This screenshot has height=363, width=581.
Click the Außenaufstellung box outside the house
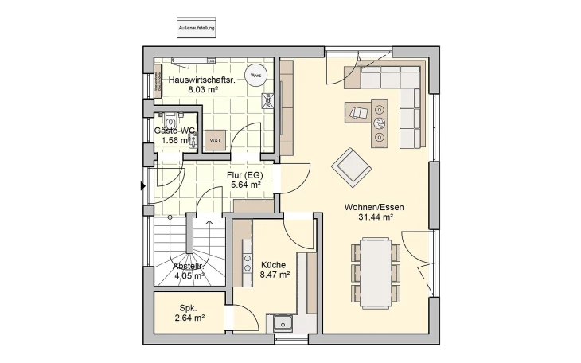pos(196,28)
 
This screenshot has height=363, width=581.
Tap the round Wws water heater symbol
pos(255,76)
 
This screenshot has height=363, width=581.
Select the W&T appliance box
pos(215,140)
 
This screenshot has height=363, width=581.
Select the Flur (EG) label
pos(245,174)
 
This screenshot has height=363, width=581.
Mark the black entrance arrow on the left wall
pos(142,186)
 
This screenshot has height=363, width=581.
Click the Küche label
pos(273,263)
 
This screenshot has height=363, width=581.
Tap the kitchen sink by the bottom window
pos(282,322)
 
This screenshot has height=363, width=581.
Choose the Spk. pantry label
pos(188,307)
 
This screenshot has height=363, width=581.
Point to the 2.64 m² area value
pos(189,318)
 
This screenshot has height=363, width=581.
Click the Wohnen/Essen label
pos(374,207)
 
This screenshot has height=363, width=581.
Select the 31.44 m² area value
pos(374,217)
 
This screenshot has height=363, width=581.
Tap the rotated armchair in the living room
pos(350,165)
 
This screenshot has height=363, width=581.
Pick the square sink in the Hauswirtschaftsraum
pos(268,100)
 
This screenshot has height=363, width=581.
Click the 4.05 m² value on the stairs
pos(189,275)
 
